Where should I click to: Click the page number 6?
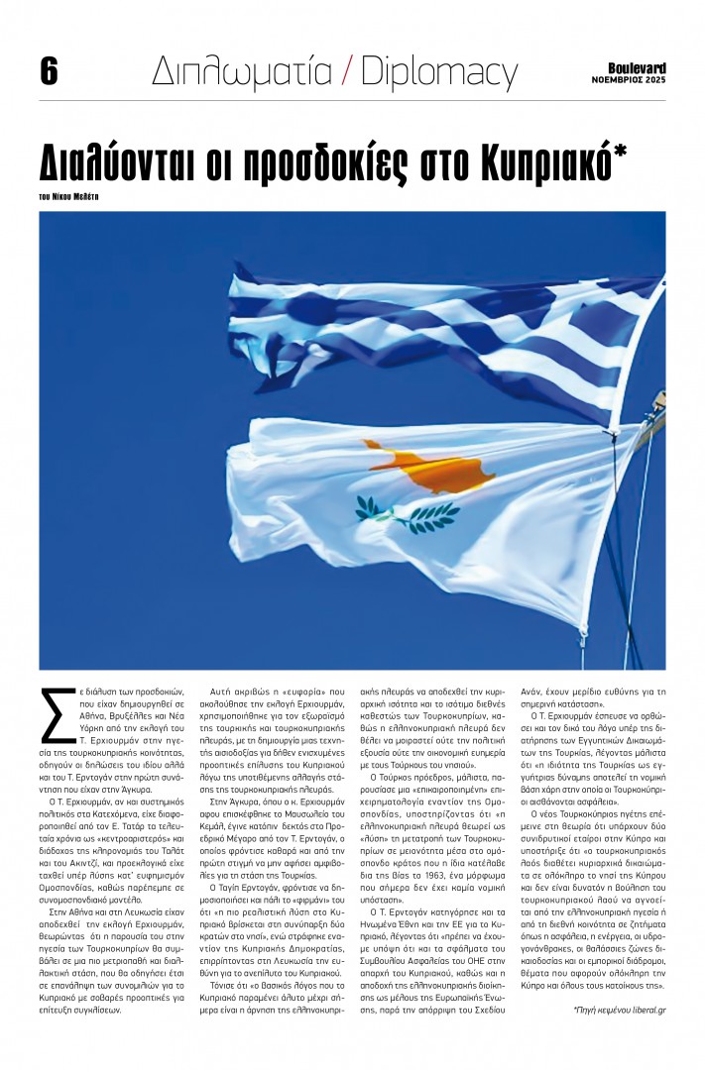49,71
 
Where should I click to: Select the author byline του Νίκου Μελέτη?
70,196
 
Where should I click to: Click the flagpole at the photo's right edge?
657,396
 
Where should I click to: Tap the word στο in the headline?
439,160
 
